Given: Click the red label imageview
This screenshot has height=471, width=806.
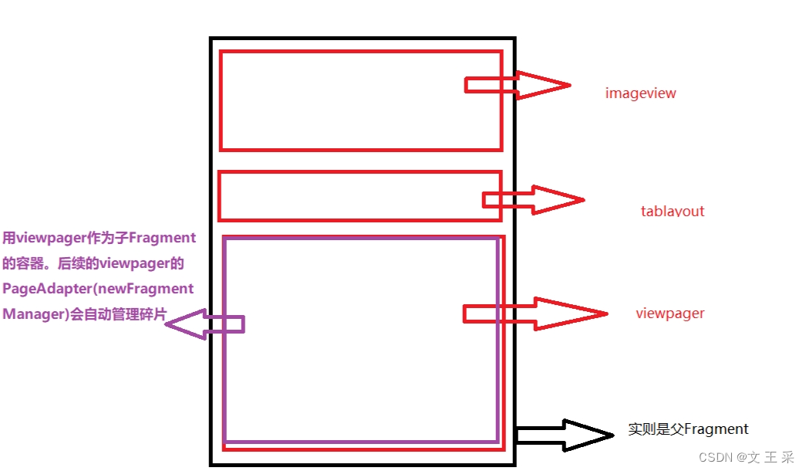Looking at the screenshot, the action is (640, 93).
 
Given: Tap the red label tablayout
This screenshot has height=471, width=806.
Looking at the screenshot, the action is (673, 211).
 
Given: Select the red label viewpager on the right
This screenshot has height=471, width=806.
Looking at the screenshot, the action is (669, 313).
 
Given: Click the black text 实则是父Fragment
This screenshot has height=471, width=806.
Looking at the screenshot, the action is (688, 429).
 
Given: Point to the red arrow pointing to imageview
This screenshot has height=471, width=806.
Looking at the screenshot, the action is (517, 85).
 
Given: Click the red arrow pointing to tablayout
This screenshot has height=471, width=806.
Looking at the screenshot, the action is (532, 200).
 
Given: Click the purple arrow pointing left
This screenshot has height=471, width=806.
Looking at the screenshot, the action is (204, 324).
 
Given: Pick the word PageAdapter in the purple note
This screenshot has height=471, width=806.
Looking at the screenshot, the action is (42, 289).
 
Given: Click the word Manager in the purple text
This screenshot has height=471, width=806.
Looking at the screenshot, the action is (32, 314).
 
